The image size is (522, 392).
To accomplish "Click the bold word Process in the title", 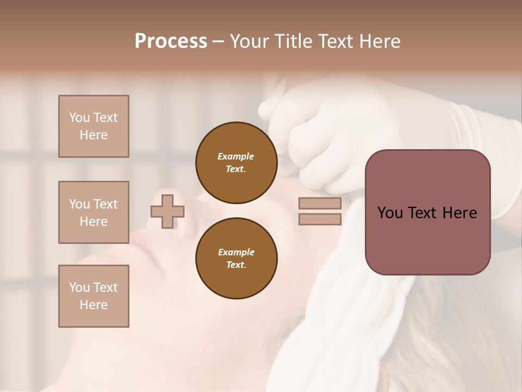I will coord(171,41).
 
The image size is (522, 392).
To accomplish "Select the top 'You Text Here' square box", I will coord(94,126).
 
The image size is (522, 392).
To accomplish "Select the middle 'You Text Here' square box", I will coord(94,212).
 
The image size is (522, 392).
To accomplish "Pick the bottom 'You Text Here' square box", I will coord(94,296).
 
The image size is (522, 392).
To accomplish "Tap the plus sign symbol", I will coord(167,211).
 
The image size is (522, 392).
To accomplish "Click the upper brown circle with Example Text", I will coord(236,163).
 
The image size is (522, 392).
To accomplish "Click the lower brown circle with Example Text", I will coord(236,259).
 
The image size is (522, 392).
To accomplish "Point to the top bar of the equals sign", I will coord(320,204).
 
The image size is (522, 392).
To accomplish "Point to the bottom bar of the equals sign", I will coord(320,219).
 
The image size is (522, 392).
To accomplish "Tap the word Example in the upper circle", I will coord(236,156).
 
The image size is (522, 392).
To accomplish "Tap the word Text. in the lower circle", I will coord(236,265).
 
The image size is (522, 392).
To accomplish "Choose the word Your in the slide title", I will coord(248,41).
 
